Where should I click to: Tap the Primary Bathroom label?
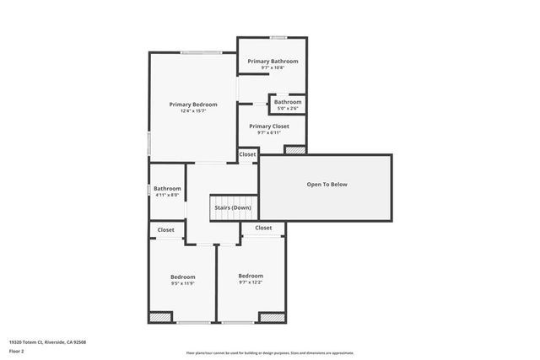click(x=273, y=62)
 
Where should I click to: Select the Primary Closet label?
click(x=269, y=126)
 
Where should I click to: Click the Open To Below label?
click(x=327, y=185)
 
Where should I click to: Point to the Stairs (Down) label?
click(x=232, y=207)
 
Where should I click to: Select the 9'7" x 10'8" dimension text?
click(x=273, y=67)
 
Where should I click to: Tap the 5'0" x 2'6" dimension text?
click(x=288, y=108)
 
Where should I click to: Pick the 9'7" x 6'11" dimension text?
click(x=269, y=132)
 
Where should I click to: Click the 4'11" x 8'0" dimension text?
click(x=167, y=195)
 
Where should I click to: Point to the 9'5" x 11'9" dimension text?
click(x=183, y=284)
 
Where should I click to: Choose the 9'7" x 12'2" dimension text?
click(x=251, y=282)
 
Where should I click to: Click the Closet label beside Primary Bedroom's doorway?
click(x=247, y=154)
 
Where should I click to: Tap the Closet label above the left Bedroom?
click(x=166, y=230)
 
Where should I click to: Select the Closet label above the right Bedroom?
click(x=263, y=228)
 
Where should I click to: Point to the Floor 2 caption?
click(x=17, y=350)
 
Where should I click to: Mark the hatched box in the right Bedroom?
click(x=271, y=317)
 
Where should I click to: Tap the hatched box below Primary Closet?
click(x=295, y=150)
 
